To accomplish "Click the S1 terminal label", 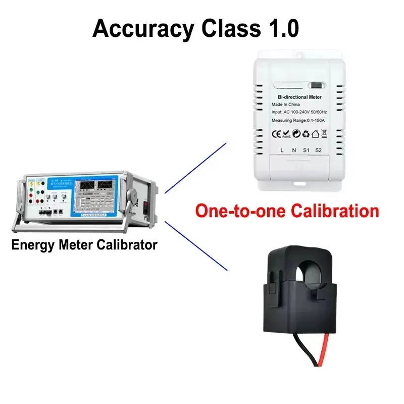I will [306, 150].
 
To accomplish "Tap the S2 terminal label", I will [318, 150].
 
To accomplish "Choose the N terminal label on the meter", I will [293, 150].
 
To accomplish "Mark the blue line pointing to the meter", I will [195, 167].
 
